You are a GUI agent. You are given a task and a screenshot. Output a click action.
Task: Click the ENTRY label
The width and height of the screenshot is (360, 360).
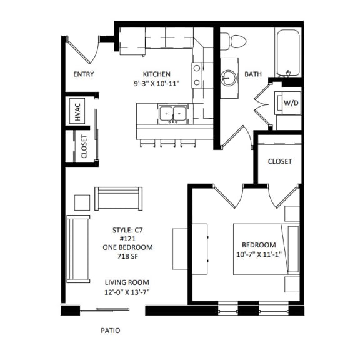coord(83,74)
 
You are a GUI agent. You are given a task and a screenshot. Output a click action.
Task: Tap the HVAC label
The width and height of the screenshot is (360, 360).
coord(78,112)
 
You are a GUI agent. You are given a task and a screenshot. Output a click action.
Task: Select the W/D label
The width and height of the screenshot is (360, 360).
coord(291,102)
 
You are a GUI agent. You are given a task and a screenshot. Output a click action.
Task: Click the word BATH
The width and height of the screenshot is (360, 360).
coord(253,74)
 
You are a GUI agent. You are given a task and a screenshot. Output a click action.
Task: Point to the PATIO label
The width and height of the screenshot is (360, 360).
coord(110,331)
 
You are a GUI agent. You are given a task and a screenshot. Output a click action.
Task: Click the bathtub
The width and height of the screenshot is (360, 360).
coord(289,50)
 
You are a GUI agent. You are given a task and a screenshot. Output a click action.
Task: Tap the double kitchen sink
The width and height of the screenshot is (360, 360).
coord(172,114)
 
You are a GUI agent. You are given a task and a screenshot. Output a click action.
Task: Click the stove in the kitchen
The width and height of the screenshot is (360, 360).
coord(197,74)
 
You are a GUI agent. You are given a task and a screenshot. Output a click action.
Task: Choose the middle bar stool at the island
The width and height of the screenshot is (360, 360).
coord(167,144)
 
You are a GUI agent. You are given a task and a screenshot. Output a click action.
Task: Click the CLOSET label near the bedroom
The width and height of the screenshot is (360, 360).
coord(279,161)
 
